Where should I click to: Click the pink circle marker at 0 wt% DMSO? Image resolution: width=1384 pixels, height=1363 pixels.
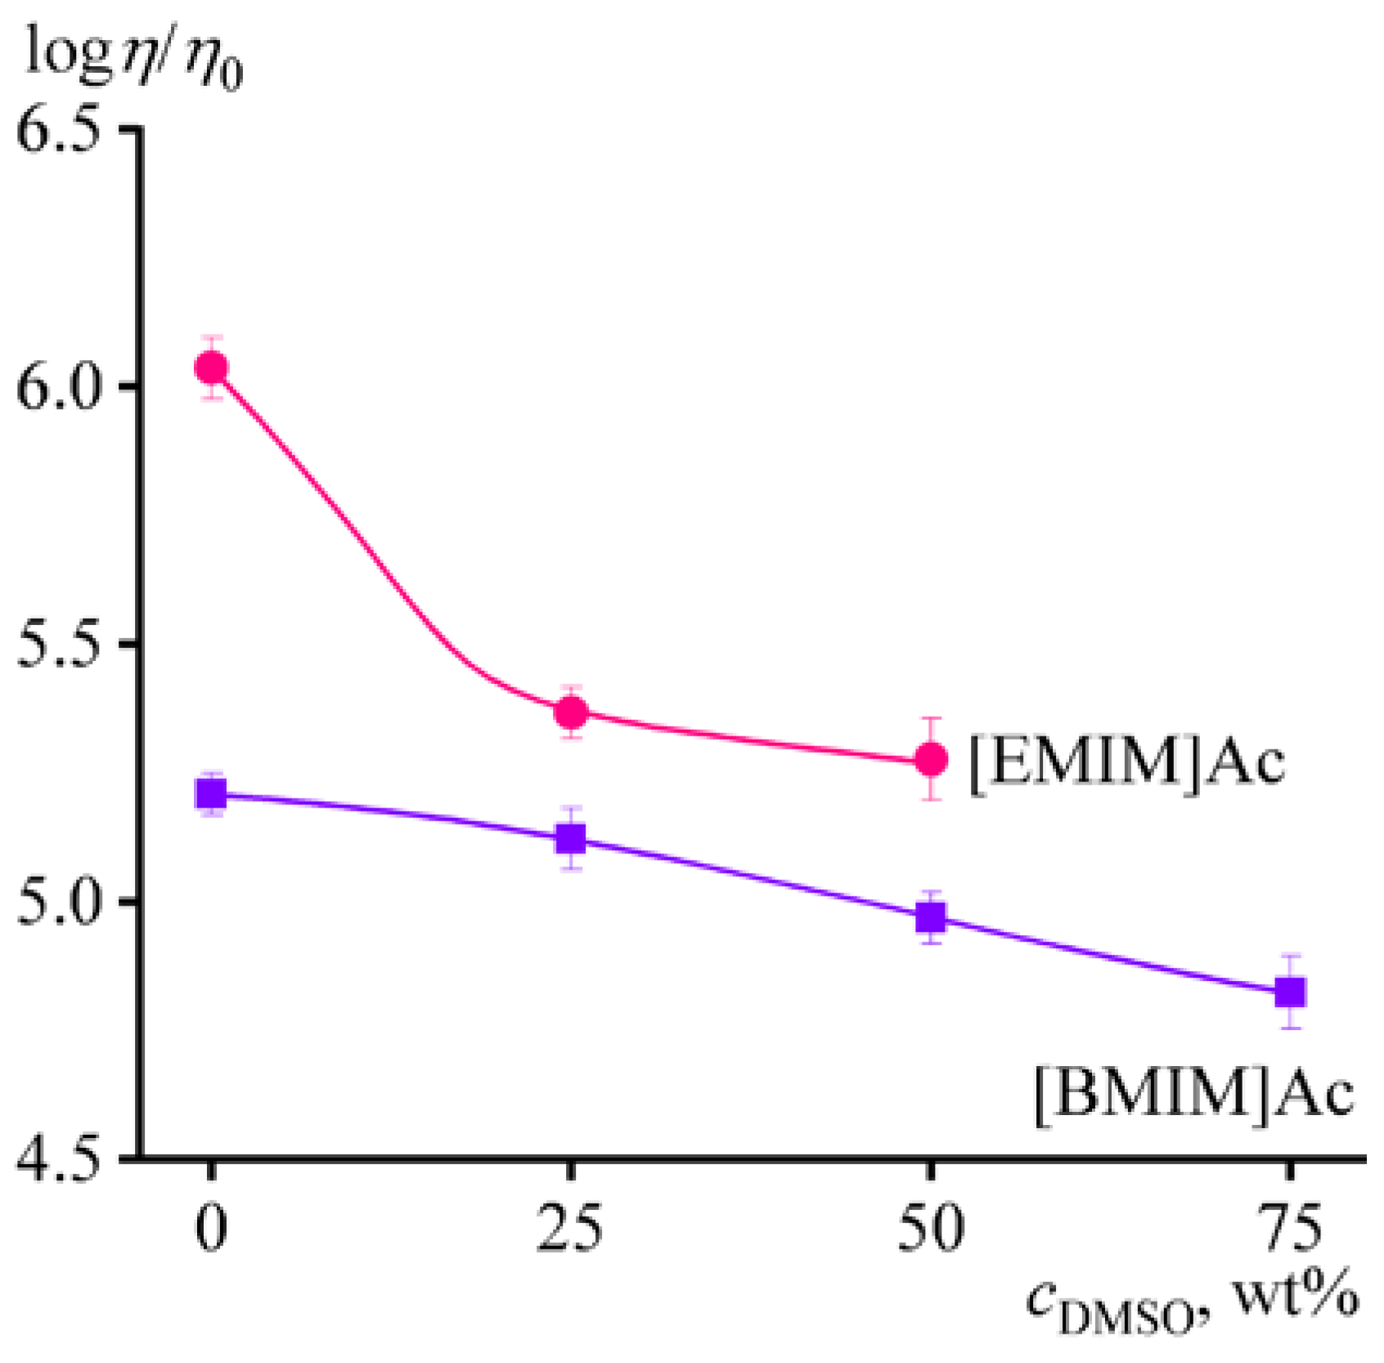[212, 368]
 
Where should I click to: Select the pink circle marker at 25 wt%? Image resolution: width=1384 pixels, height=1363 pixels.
[572, 712]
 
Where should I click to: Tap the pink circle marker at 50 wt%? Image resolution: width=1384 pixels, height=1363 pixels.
[931, 759]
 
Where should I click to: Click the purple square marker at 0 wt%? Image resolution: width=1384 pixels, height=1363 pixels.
[211, 794]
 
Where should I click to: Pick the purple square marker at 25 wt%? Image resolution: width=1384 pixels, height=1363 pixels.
[571, 839]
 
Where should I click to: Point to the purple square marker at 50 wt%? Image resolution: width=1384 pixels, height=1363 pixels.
[931, 917]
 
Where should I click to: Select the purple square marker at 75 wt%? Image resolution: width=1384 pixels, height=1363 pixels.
[1291, 992]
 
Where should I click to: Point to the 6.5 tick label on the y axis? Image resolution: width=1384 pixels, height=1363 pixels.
[64, 131]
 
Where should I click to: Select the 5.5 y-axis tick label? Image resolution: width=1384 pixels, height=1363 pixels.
[64, 645]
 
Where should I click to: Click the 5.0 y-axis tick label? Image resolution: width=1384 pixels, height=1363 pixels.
[64, 902]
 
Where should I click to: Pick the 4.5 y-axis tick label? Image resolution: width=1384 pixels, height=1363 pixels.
[64, 1158]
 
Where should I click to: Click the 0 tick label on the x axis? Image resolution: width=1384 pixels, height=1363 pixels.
[211, 1229]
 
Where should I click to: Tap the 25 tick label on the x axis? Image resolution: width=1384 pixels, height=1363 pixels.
[570, 1229]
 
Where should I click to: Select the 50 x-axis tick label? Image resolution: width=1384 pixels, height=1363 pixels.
[930, 1229]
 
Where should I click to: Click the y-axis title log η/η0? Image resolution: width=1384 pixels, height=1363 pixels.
[135, 59]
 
